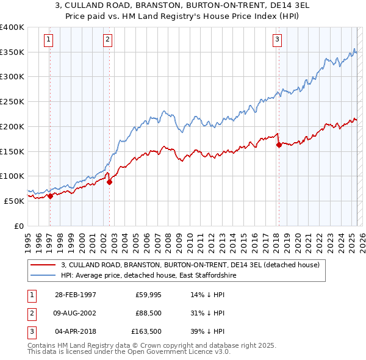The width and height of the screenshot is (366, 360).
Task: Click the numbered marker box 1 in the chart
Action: click(48, 40)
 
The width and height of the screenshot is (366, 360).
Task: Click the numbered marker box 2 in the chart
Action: click(107, 40)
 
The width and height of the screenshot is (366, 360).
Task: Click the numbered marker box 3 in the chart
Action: click(277, 40)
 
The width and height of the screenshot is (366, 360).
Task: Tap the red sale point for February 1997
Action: click(50, 196)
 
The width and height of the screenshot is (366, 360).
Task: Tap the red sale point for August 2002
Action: click(109, 182)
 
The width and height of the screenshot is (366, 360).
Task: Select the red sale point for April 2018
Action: click(279, 145)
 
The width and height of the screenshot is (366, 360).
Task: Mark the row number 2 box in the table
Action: click(30, 313)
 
